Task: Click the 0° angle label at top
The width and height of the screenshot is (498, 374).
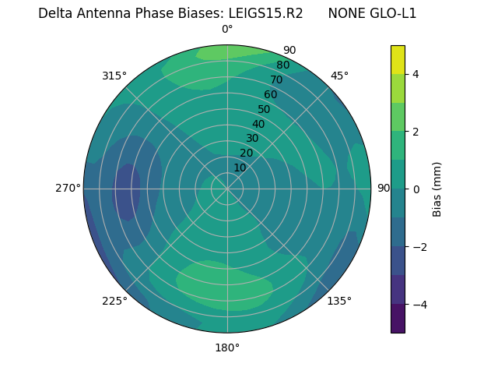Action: coord(227,30)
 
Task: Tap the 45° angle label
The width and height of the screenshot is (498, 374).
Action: coord(339,76)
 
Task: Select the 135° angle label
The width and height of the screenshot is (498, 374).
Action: coord(339,301)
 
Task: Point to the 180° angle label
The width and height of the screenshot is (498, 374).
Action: coord(227,348)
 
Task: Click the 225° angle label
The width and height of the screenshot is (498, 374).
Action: coord(114,301)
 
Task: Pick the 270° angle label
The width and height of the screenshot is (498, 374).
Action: coord(68,188)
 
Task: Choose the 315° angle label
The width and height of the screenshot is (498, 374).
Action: coord(114,76)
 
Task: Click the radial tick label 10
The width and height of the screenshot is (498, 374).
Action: coord(240,168)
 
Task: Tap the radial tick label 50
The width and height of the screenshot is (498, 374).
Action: coord(265,109)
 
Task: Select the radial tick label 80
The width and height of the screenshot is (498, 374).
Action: coord(283,65)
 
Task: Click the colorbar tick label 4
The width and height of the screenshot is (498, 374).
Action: coord(416,74)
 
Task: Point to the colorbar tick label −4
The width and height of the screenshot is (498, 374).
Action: coord(416,304)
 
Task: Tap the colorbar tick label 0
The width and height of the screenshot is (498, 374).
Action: coord(416,189)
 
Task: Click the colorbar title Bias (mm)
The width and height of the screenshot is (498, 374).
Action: coord(437,189)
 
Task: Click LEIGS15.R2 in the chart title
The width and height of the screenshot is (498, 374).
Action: coord(265,13)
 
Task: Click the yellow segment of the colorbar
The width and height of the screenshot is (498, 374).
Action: coord(398,60)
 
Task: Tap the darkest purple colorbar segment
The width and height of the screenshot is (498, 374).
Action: coord(398,318)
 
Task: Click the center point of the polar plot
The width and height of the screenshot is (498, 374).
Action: coord(227,189)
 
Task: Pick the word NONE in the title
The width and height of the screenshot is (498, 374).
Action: coord(345,13)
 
